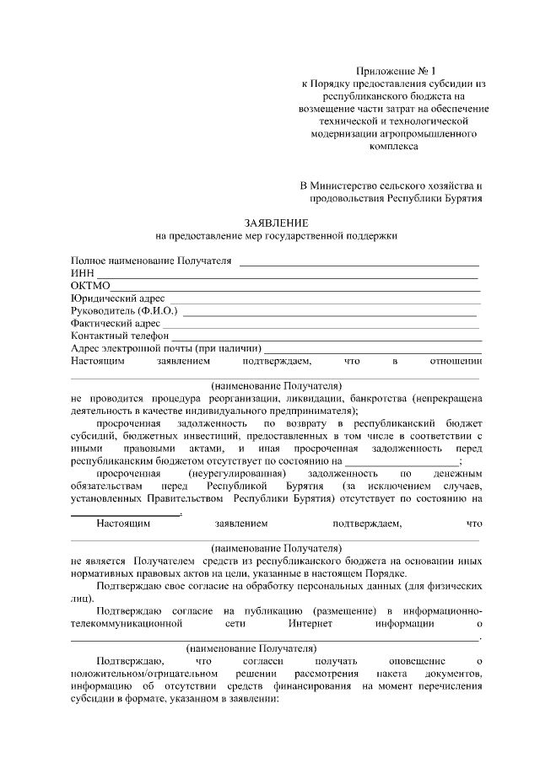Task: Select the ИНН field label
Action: click(81, 273)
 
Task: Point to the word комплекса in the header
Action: click(393, 145)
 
